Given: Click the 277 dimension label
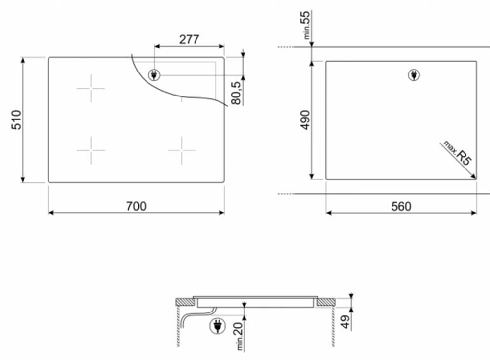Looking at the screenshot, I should (189, 39).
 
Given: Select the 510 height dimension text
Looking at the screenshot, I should (16, 120).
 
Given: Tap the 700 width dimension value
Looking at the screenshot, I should (136, 206).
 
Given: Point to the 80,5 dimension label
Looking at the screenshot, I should (236, 92).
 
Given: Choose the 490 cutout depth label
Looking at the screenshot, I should (305, 120).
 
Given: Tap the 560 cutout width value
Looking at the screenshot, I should (401, 206).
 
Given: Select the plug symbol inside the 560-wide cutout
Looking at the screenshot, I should (414, 75).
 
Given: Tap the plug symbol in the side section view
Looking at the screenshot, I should (216, 326).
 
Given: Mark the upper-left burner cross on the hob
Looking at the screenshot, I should (91, 89).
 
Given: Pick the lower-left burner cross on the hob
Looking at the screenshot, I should (91, 150).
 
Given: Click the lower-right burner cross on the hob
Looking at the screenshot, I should (182, 150).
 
